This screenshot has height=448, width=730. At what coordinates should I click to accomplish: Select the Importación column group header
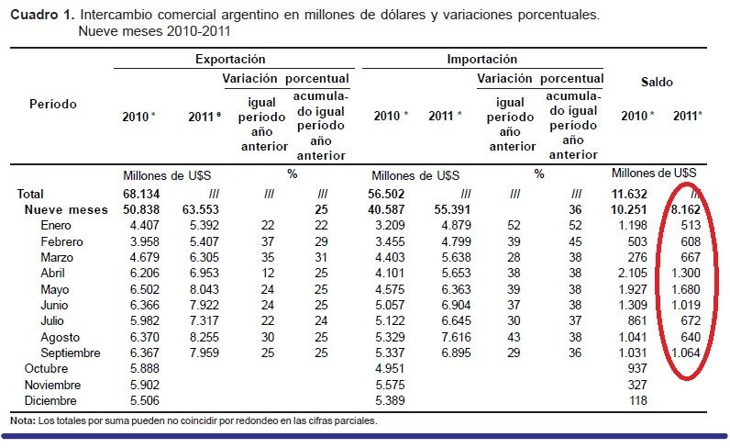(x=481, y=59)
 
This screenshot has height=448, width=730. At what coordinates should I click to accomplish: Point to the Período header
(x=52, y=104)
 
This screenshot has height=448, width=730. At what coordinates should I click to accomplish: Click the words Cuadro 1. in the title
(x=40, y=16)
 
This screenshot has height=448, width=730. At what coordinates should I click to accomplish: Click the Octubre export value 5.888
(x=144, y=369)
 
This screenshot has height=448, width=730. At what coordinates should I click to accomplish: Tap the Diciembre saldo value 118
(x=638, y=400)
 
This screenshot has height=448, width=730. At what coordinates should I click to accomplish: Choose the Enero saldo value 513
(x=691, y=226)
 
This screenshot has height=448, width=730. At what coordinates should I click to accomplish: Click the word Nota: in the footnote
(x=22, y=420)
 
